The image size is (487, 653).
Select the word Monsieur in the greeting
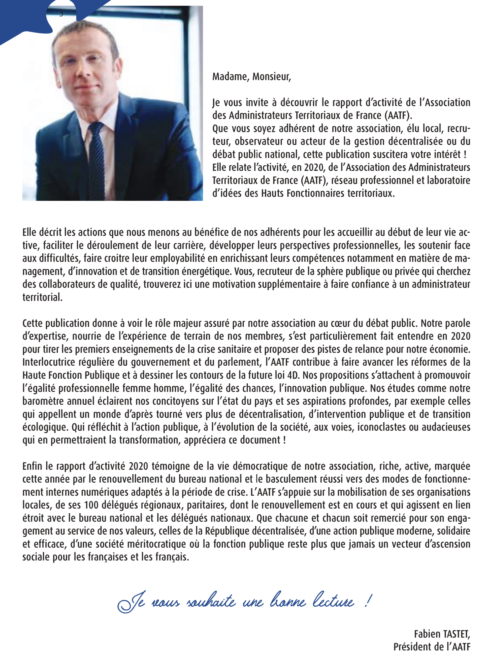pos(272,77)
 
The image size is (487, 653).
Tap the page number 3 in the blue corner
pos(61,13)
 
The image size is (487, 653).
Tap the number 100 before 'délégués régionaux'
pos(91,505)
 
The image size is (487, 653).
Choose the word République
pos(227,531)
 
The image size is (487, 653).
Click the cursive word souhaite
pos(211,601)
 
